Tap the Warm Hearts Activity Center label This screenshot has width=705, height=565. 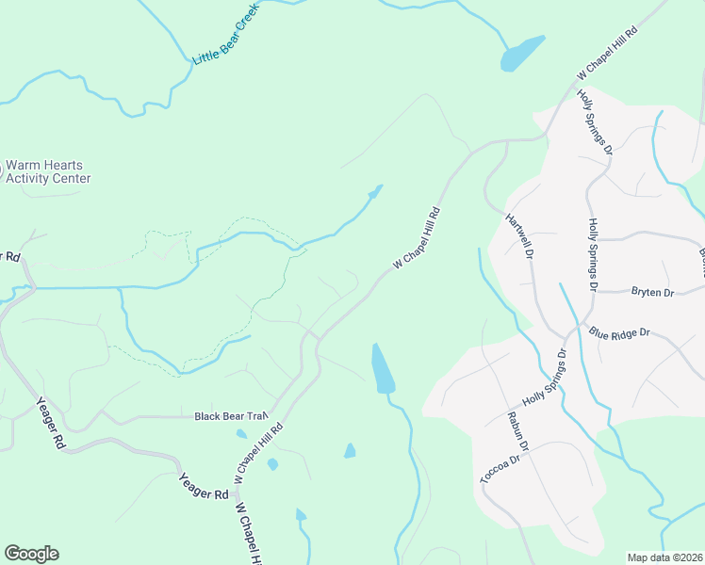coord(48,170)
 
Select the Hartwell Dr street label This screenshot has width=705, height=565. coord(520,235)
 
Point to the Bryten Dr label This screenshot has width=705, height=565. coord(652,293)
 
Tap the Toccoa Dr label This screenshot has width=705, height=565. coord(500,469)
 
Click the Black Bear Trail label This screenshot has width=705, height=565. coord(231,415)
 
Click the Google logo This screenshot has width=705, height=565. coord(31,554)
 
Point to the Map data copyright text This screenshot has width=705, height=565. coord(665,557)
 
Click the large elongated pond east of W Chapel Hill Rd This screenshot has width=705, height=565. coord(383,369)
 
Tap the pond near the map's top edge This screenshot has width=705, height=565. coord(522,53)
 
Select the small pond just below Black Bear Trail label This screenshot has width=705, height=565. coord(242,434)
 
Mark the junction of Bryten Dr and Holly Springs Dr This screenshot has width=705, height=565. coord(594,293)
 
